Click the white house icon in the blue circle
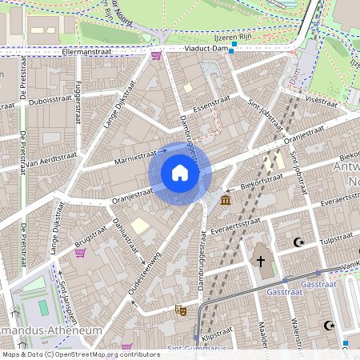180,173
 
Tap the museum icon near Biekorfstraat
226,199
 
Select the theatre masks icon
182,308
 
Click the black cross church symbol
259,261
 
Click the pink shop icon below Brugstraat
80,253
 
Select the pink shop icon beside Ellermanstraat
155,55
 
